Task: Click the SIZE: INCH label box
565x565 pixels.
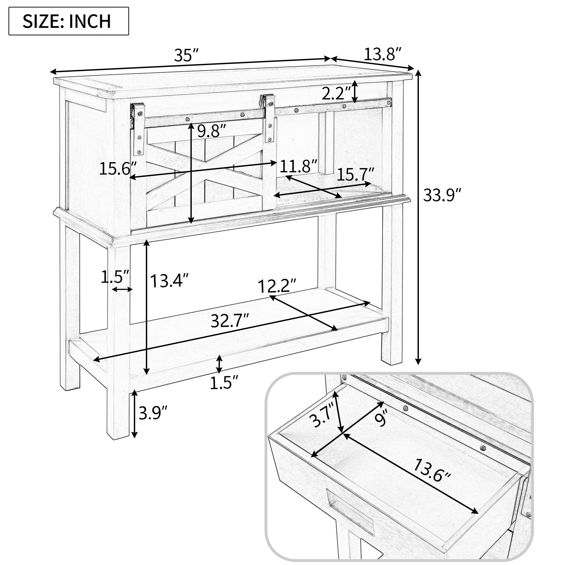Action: click(x=69, y=21)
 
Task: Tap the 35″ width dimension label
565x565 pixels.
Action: click(x=186, y=55)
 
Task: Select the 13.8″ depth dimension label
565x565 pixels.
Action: click(x=382, y=54)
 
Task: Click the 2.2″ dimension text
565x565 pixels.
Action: click(x=336, y=93)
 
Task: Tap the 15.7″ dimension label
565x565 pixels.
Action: click(x=356, y=175)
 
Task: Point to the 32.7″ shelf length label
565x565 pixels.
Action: click(x=230, y=321)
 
